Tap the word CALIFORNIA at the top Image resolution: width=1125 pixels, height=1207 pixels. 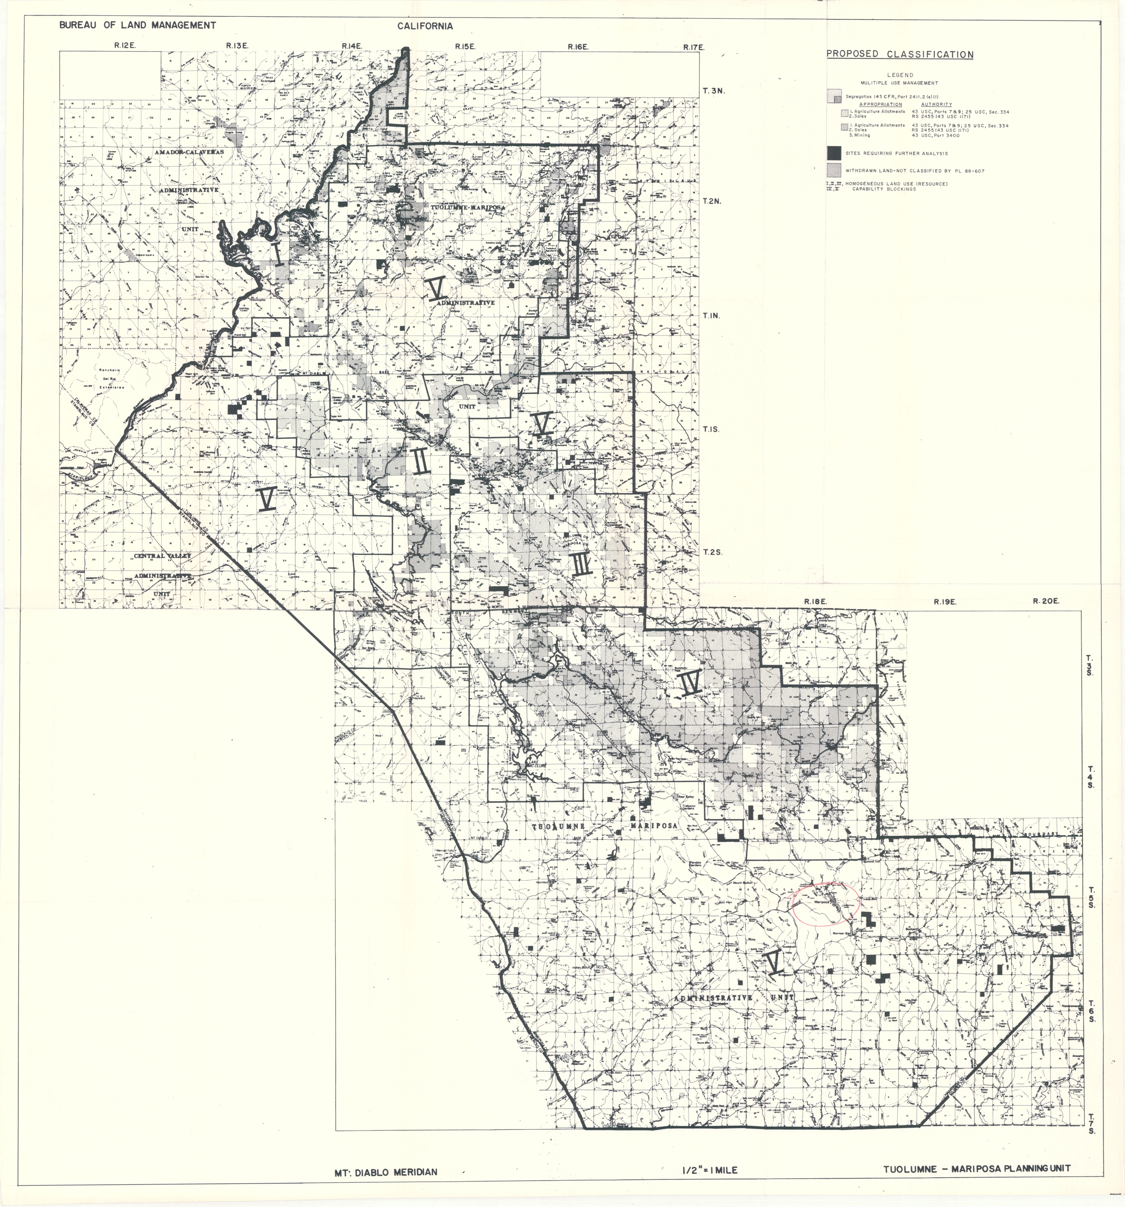point(426,26)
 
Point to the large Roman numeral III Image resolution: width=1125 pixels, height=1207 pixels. point(581,565)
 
